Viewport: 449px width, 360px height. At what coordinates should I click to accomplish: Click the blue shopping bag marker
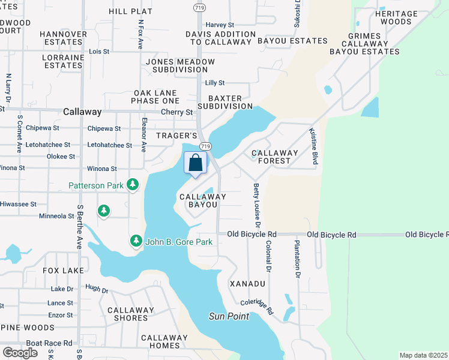tap(196, 163)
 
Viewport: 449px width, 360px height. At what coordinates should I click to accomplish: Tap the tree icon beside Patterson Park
tap(133, 185)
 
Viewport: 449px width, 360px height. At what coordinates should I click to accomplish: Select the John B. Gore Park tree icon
tap(136, 241)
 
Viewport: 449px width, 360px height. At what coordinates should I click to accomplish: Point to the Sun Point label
tap(229, 316)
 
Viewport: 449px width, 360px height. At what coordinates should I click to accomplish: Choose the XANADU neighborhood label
tap(247, 283)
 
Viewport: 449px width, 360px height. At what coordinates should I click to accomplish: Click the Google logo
tap(19, 352)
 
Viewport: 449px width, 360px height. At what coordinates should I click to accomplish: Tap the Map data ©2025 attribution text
tap(423, 355)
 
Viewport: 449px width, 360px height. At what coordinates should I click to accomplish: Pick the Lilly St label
tap(214, 83)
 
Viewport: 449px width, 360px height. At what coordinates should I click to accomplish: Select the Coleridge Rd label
tap(257, 307)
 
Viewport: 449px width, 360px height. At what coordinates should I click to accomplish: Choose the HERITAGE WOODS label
tap(396, 17)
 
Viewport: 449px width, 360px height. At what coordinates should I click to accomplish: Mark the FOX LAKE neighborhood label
tap(63, 271)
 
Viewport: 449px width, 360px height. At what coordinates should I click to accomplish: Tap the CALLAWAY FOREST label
tap(275, 157)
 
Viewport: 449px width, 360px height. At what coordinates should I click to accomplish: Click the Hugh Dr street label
tap(96, 289)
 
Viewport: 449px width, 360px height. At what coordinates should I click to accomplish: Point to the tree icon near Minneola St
tap(104, 211)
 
